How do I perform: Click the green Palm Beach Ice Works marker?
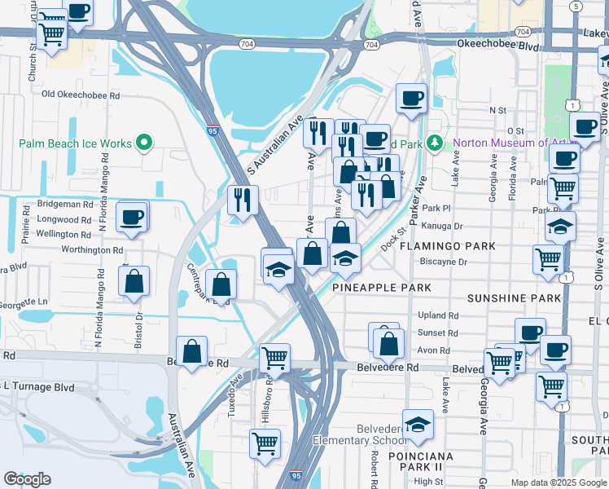(x=145, y=143)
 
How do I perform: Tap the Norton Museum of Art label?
(x=503, y=143)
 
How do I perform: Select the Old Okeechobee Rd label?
(x=81, y=95)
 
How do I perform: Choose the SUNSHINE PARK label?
(x=514, y=298)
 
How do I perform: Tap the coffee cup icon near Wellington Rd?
(x=131, y=218)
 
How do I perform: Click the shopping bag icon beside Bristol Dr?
(x=134, y=281)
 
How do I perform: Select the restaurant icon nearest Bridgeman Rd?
(x=243, y=200)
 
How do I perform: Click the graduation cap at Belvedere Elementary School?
(x=418, y=425)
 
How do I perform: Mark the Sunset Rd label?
(x=438, y=333)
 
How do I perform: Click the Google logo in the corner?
(x=27, y=479)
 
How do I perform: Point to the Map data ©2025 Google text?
(x=558, y=482)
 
